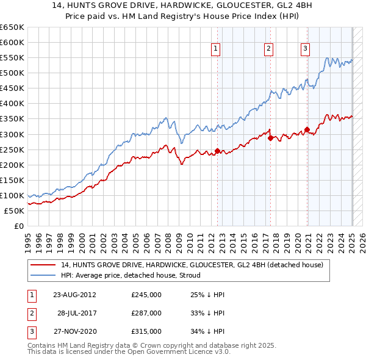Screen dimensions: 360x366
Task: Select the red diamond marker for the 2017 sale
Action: point(270,138)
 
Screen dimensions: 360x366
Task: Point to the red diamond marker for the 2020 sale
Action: point(307,129)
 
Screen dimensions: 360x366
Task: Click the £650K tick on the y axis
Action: point(12,27)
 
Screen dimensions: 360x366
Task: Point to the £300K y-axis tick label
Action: point(12,134)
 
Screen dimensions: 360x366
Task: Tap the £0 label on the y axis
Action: point(19,226)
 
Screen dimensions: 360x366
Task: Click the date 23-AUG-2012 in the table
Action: point(74,295)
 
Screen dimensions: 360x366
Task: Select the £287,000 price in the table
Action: point(146,313)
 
